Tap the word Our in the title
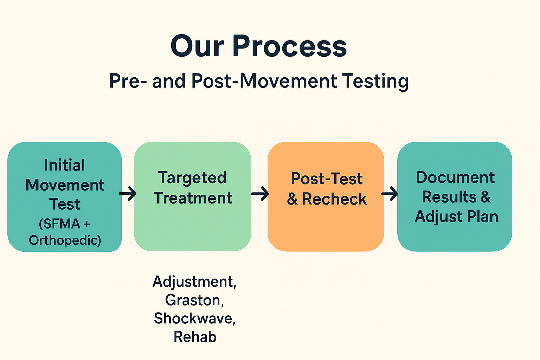point(197,46)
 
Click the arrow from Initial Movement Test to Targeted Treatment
point(128,193)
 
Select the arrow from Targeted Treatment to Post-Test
point(260,193)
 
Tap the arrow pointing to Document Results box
point(390,193)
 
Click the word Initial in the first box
point(64,165)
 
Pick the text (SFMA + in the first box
point(65,224)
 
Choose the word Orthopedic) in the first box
point(65,240)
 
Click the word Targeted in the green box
point(192,178)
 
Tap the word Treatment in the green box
point(193,198)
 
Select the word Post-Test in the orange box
point(327,179)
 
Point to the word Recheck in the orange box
point(334,199)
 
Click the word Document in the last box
point(455,178)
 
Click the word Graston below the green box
point(193,300)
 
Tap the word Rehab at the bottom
point(195,337)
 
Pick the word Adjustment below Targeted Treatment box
point(194,282)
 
